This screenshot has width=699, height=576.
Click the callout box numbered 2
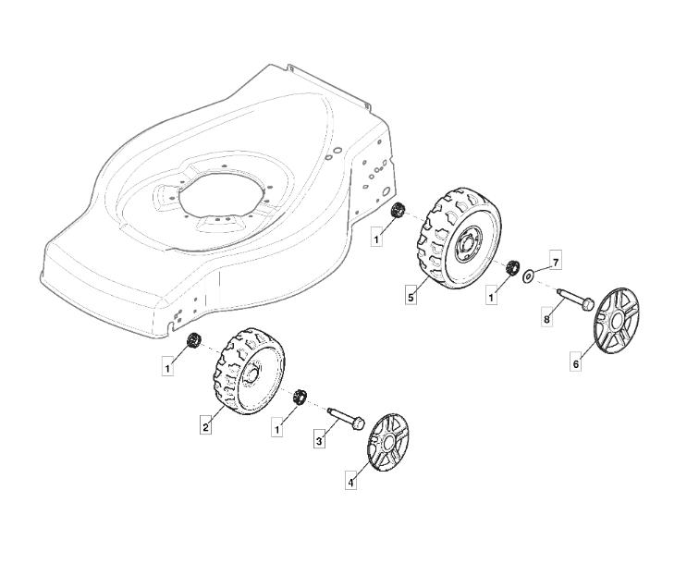[205, 427]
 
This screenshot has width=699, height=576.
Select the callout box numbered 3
[319, 441]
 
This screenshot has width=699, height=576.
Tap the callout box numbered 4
[351, 483]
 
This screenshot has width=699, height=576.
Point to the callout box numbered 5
[411, 297]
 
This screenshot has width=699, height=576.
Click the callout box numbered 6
[576, 363]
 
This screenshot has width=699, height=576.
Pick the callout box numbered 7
[556, 263]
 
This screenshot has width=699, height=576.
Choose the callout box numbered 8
[546, 319]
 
